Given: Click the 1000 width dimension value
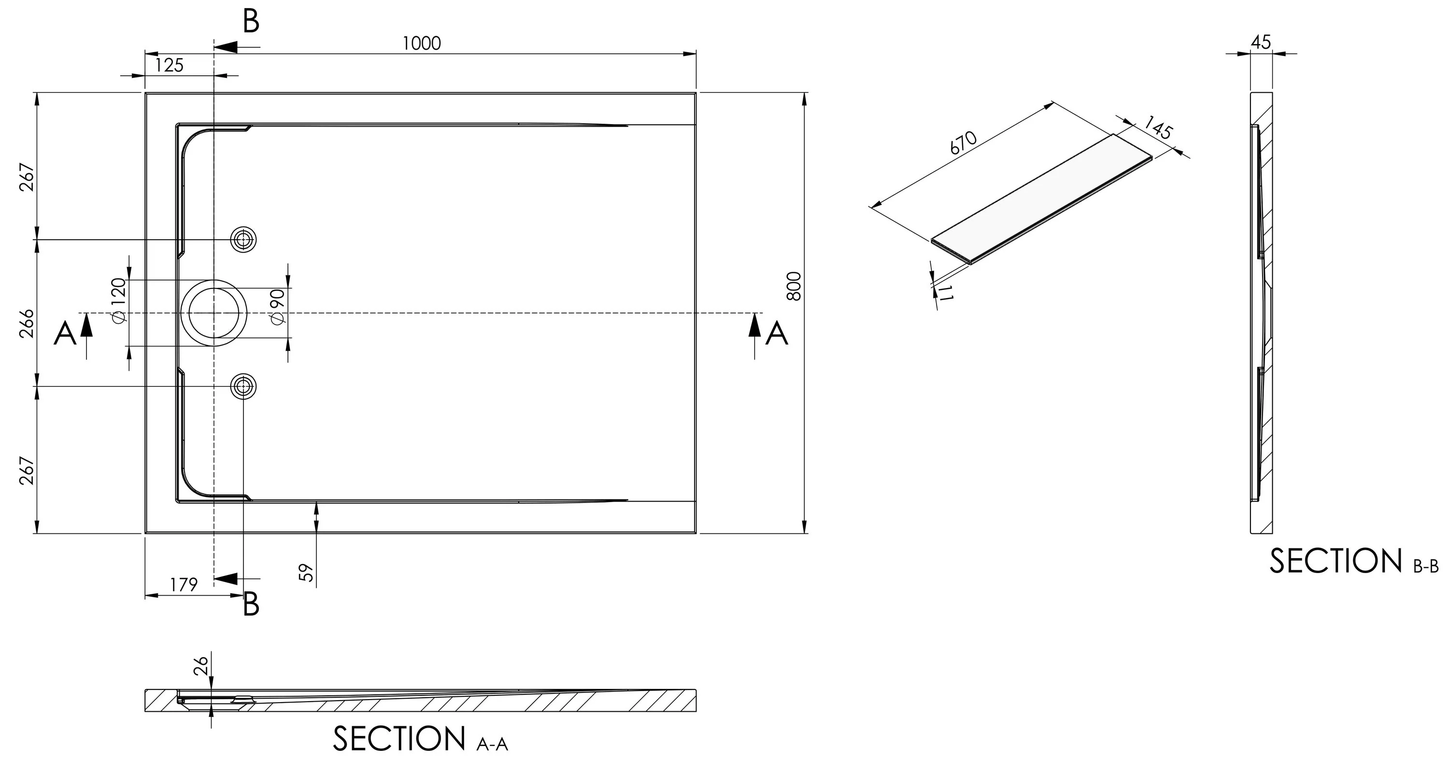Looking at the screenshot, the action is [422, 43].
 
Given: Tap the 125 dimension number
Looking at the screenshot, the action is [170, 65].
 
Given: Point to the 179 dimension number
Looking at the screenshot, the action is [184, 585].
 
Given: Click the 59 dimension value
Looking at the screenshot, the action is [307, 573].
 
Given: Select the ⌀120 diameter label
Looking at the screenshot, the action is [118, 301].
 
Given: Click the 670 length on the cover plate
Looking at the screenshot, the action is [964, 143].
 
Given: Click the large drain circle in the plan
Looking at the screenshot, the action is [214, 280].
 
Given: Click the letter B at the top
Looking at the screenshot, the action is [251, 21].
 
